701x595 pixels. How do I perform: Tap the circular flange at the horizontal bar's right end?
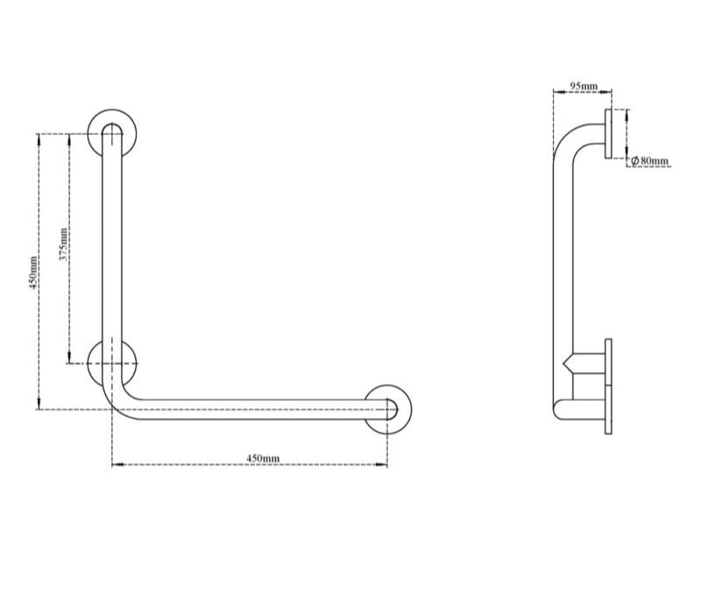[x=387, y=407]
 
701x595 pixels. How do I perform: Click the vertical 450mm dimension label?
[x=33, y=272]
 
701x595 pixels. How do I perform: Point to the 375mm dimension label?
[x=62, y=246]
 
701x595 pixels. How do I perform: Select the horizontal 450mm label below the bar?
[x=262, y=457]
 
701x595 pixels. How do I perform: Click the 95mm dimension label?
[x=584, y=86]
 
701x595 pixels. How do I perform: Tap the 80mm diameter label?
[x=654, y=160]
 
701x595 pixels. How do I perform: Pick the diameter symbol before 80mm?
[x=634, y=160]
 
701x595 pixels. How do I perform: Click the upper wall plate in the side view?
[x=608, y=133]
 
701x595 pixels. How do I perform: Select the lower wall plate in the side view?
[x=608, y=386]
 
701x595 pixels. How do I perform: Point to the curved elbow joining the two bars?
[x=120, y=402]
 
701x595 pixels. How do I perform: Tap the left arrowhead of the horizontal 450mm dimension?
[x=116, y=464]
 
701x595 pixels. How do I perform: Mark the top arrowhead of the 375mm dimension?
[x=68, y=137]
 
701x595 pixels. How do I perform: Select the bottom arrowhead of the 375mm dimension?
[x=68, y=359]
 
